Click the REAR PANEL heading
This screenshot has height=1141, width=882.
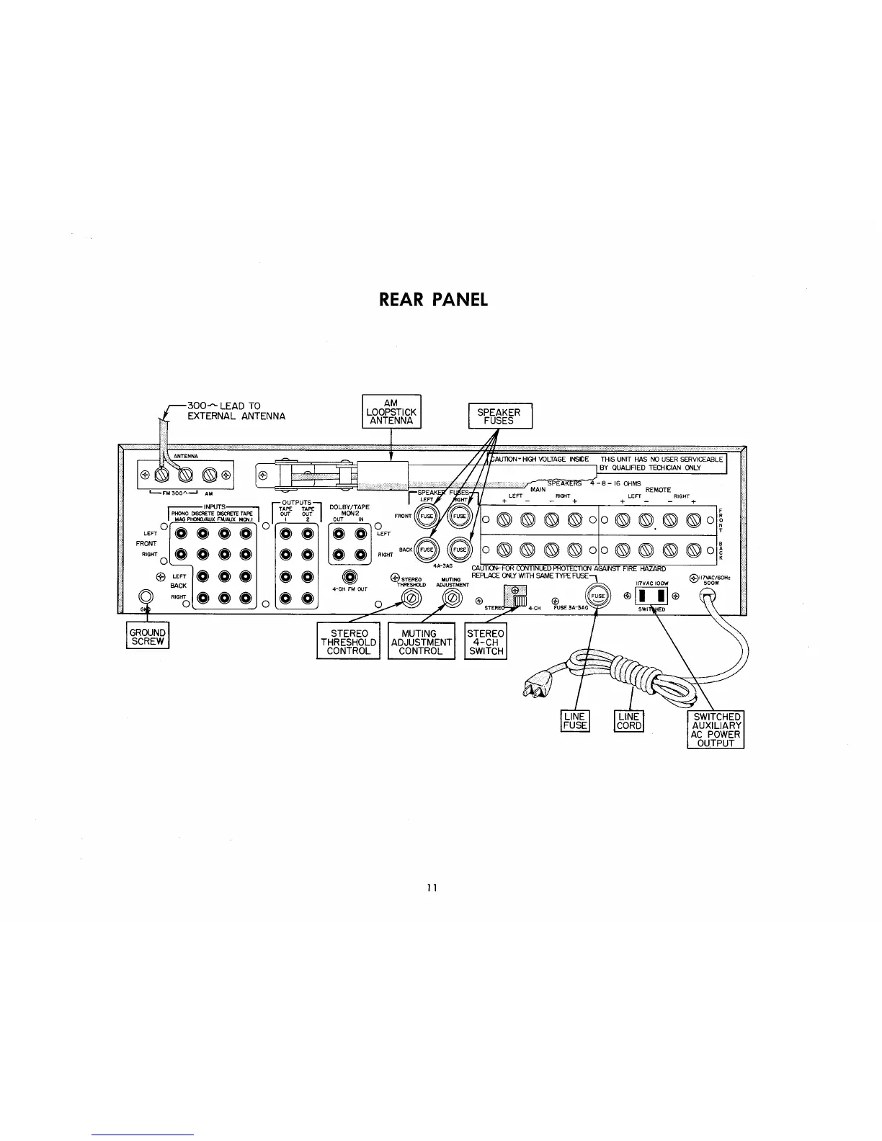(x=433, y=300)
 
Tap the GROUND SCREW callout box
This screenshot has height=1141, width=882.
(x=148, y=637)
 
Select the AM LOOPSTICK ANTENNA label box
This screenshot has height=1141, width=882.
(x=391, y=411)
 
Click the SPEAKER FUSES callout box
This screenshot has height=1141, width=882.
(x=499, y=416)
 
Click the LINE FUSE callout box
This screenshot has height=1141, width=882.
(x=575, y=721)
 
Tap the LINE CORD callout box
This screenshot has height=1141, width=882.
(x=628, y=721)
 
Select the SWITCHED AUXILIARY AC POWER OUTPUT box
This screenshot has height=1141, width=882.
(x=716, y=730)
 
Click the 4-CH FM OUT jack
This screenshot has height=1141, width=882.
(x=350, y=577)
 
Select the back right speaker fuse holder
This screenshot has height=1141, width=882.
(x=458, y=550)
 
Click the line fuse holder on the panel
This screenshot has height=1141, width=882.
(x=597, y=596)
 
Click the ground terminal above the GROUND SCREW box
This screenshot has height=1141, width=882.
(x=146, y=596)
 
